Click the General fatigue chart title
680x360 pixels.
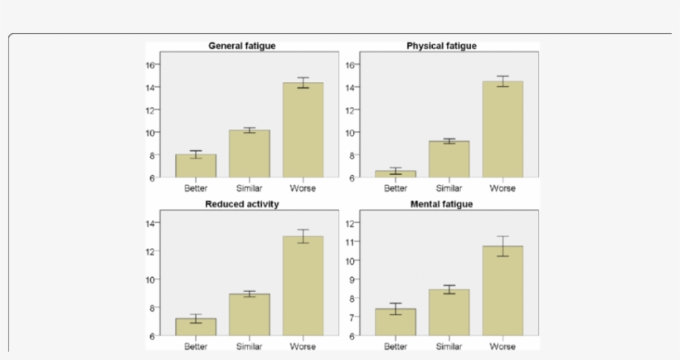[241, 46]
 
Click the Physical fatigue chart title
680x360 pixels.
[441, 46]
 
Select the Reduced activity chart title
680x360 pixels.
[241, 203]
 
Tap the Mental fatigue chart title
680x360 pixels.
[441, 203]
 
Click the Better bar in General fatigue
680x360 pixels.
[196, 166]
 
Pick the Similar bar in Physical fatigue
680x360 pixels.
[449, 159]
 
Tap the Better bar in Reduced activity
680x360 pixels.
[196, 327]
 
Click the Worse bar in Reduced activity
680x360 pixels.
[303, 286]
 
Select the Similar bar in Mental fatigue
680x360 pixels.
[449, 313]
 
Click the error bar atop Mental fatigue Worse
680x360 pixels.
[503, 246]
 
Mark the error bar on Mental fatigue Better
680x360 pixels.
[396, 309]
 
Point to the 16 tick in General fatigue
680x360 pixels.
[151, 65]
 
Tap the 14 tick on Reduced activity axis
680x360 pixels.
[151, 223]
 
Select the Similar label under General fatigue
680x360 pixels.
[250, 188]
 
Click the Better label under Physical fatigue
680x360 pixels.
[396, 188]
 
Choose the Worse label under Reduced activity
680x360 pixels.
[303, 346]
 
